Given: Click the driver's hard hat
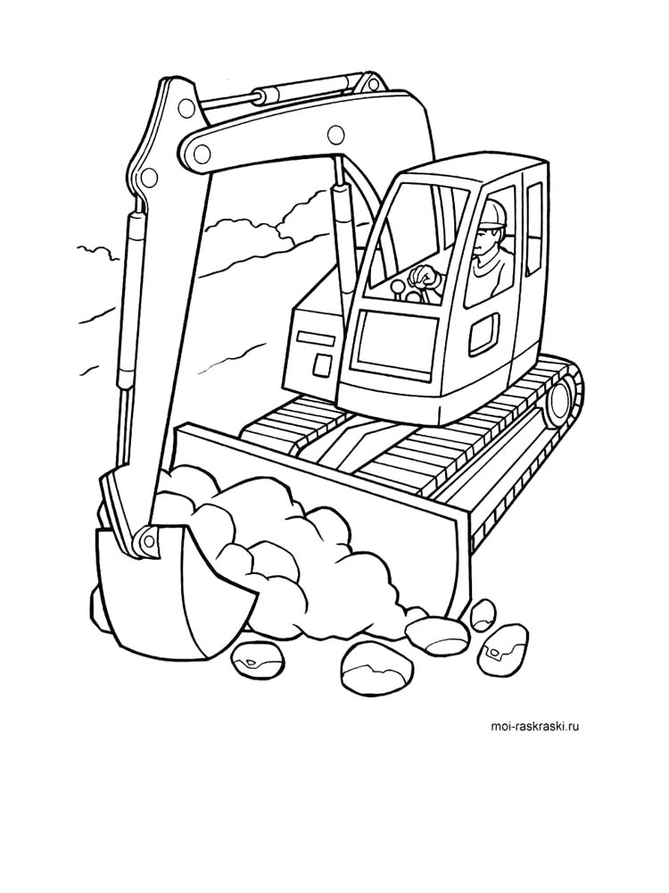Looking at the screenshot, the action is (x=493, y=213).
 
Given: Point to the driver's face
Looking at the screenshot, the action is (x=486, y=239).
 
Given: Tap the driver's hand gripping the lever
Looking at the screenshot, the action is (x=425, y=277).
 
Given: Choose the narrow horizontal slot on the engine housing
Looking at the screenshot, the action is (x=315, y=338).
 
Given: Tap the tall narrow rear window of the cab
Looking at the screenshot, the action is (x=533, y=228).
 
